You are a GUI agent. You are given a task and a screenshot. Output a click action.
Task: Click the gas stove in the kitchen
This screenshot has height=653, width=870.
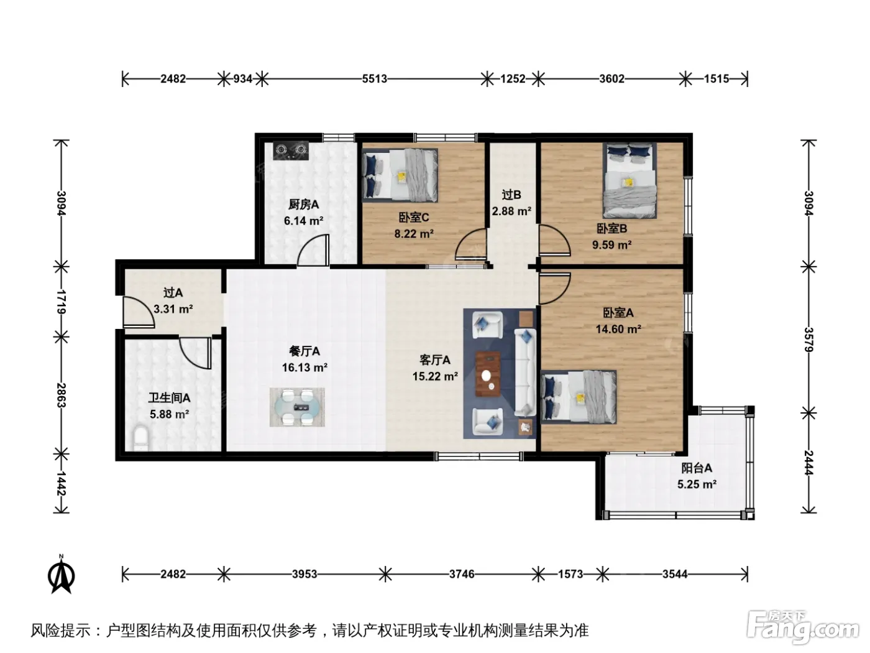tap(291, 151)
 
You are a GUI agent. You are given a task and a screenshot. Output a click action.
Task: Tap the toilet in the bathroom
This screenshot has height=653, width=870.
tap(140, 438)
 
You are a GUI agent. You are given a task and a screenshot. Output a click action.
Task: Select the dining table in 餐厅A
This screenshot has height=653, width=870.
tap(297, 407)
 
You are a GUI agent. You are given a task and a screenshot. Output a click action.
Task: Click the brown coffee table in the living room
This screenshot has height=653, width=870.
tap(488, 374)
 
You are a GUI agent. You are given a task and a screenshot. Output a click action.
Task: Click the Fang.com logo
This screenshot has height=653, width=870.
tap(803, 627)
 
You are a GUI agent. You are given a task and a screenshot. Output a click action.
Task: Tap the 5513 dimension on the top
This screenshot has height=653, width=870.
tap(374, 79)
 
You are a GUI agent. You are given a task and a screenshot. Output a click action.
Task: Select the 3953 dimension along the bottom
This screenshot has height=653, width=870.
tap(304, 573)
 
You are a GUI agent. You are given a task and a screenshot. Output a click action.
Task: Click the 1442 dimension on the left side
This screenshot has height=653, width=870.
tap(61, 483)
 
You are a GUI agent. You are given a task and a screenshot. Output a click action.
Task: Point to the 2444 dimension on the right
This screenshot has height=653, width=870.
tap(808, 463)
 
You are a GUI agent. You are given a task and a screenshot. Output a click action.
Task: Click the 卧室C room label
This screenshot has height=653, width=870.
tap(414, 217)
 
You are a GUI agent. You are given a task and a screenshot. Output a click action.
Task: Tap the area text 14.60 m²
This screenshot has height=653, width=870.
tap(618, 329)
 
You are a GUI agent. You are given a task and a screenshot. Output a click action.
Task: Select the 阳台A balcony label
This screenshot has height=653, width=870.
tap(697, 468)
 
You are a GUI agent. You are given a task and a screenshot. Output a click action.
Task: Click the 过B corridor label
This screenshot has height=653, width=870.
tap(511, 195)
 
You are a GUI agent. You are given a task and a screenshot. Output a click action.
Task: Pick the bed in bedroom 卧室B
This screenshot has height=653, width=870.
tap(630, 180)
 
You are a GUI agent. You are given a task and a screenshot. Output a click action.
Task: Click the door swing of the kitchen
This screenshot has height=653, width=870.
tap(313, 249)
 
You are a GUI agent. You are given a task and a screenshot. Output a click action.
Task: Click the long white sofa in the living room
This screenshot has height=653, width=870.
tap(525, 373)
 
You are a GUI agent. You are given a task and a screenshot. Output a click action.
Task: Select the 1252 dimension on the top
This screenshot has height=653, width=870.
tap(513, 79)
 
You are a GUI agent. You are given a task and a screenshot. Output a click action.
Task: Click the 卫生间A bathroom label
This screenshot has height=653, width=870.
tap(169, 397)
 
